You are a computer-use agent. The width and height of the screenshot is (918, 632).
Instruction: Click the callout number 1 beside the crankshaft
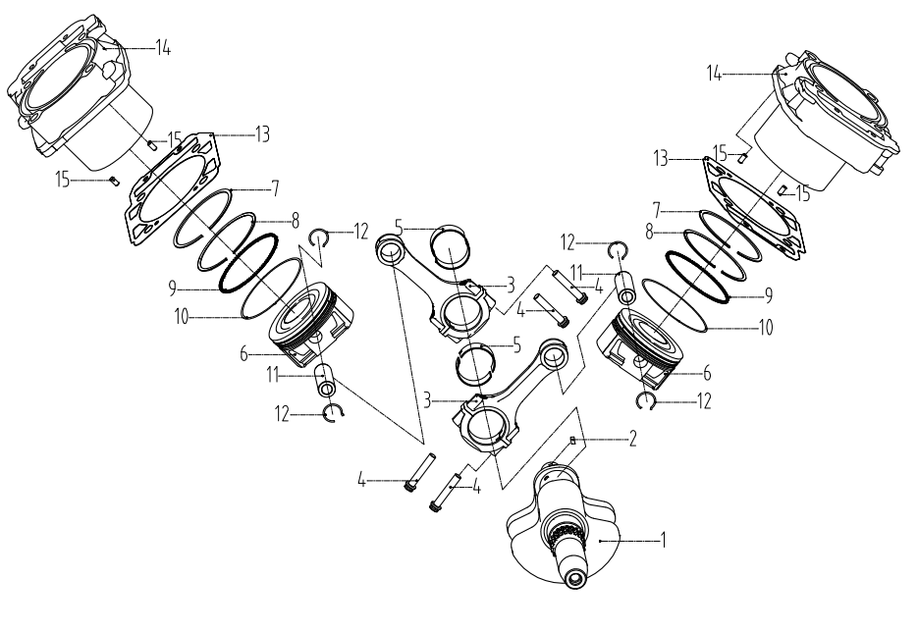(x=664, y=540)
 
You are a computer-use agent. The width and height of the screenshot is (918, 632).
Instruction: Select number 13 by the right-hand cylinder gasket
(x=661, y=158)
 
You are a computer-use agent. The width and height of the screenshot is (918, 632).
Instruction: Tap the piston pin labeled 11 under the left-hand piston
(x=323, y=380)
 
